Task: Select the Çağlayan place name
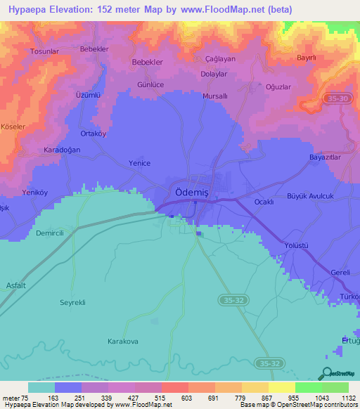click(x=219, y=58)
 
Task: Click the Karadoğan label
click(x=44, y=150)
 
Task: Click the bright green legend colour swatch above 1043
click(x=308, y=387)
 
